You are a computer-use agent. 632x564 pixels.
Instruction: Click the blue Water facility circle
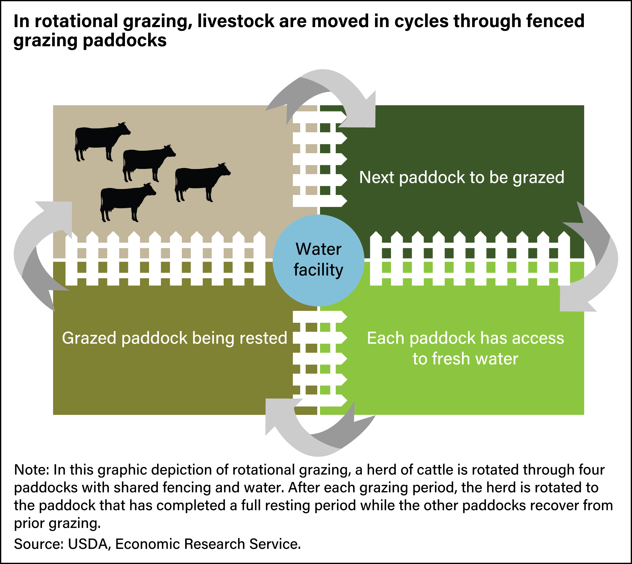coord(318,260)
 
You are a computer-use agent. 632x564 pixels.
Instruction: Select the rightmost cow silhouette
coord(201,181)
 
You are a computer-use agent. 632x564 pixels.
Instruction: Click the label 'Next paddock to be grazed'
coord(461,178)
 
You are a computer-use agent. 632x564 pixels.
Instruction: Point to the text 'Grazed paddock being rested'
coord(174,338)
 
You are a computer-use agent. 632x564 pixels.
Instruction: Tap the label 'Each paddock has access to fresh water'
coord(465,348)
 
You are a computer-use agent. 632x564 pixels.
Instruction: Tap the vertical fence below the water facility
coord(319,358)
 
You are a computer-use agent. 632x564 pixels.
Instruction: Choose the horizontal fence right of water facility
coord(469,259)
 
